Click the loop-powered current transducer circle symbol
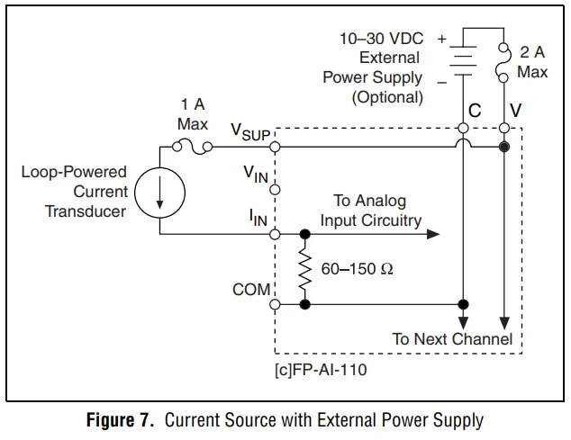(x=160, y=192)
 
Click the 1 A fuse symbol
(x=191, y=146)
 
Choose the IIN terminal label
(x=258, y=217)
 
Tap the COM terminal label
(x=250, y=290)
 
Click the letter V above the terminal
(x=515, y=112)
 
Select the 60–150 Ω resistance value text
(x=358, y=269)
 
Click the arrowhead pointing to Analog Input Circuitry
(x=433, y=234)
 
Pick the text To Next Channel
(x=452, y=339)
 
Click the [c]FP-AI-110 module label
(x=320, y=369)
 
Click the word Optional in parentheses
(x=387, y=96)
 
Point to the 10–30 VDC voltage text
(x=381, y=40)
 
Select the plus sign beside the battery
(x=441, y=40)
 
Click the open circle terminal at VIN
(x=276, y=190)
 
